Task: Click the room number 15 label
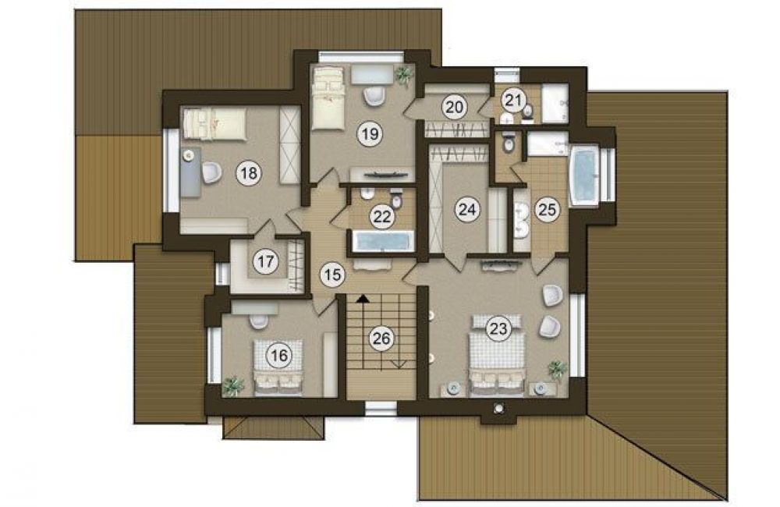click(332, 274)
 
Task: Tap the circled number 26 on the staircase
click(381, 339)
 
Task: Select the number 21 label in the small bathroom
click(513, 100)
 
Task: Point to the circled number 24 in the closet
click(467, 210)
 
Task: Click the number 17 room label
click(266, 261)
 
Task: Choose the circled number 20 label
click(455, 107)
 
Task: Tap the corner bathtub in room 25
click(584, 175)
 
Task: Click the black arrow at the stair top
click(363, 298)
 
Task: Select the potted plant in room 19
click(403, 76)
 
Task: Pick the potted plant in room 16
click(232, 386)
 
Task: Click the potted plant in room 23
click(558, 370)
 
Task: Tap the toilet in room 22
click(396, 199)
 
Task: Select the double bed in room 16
click(278, 367)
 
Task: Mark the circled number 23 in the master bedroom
click(498, 328)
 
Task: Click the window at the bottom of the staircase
click(381, 409)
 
